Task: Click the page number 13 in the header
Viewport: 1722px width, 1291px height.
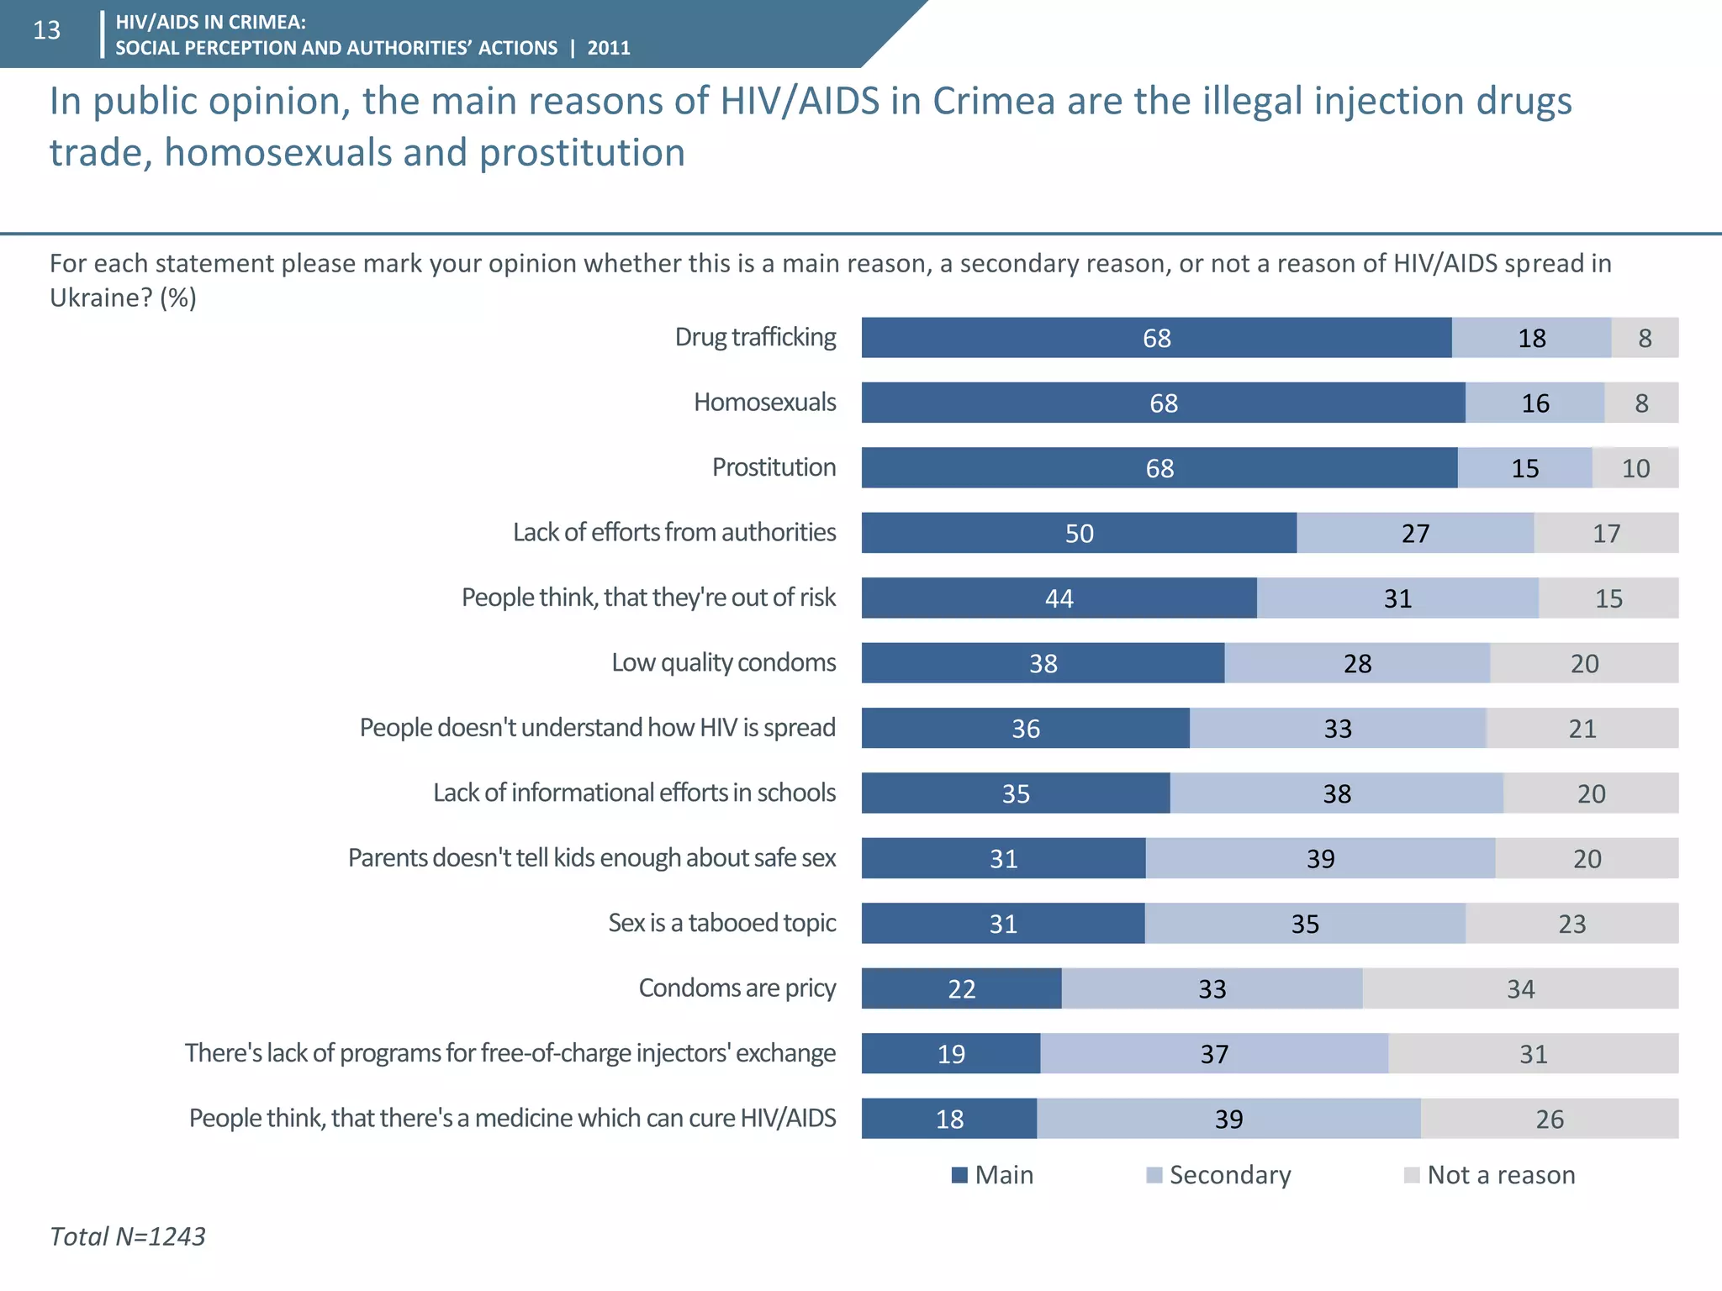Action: point(47,31)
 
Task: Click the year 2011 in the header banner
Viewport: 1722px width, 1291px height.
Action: point(609,48)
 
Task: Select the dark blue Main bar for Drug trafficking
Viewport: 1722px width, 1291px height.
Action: point(1156,338)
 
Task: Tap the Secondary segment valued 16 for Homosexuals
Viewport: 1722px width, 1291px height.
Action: point(1534,403)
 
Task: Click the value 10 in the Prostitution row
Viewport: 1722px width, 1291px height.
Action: point(1635,468)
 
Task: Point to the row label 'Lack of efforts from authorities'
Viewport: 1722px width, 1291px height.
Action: point(674,532)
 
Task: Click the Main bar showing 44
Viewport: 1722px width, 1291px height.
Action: point(1059,598)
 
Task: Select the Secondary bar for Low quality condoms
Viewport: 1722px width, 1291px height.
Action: point(1357,663)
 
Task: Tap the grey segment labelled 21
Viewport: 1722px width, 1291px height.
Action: point(1582,729)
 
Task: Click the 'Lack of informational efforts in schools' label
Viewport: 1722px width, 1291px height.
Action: point(634,793)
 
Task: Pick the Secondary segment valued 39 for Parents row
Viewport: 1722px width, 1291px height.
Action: point(1320,858)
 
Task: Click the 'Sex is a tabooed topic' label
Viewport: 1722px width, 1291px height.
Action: point(721,923)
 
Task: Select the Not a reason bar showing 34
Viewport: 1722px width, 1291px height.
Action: point(1520,988)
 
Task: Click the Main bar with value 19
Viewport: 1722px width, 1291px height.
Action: point(951,1054)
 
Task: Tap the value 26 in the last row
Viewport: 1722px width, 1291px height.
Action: point(1550,1119)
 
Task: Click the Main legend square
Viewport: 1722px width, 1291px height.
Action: point(959,1175)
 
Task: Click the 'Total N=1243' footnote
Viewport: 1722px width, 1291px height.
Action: point(128,1236)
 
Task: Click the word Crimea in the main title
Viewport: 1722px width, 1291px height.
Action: point(993,102)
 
